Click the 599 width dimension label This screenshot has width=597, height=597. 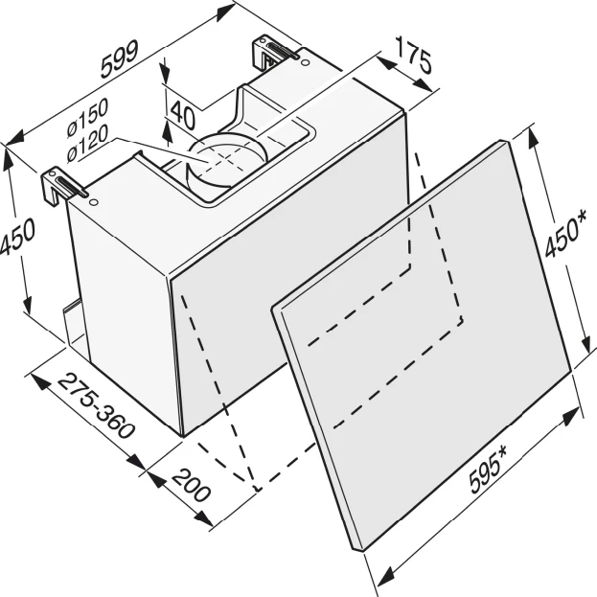[x=120, y=59]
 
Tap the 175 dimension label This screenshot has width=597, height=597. [x=414, y=55]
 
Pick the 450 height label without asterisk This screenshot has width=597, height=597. [x=17, y=236]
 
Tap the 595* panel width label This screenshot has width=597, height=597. [x=489, y=470]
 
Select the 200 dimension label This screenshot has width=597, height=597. [x=191, y=486]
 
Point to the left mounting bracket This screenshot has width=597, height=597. [x=63, y=185]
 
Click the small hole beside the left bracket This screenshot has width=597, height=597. [x=93, y=201]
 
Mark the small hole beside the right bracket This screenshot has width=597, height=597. [x=305, y=62]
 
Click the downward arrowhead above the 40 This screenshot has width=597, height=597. [x=165, y=73]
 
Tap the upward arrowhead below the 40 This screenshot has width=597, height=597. [x=167, y=133]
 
